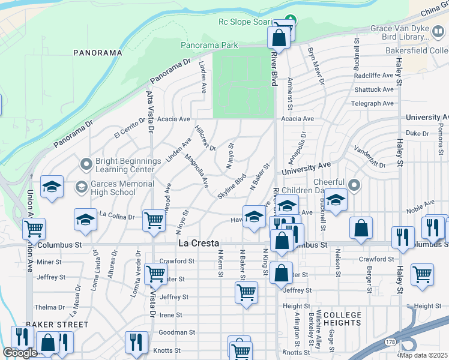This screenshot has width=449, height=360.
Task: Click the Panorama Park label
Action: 209,46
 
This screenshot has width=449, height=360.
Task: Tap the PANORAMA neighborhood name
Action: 98,53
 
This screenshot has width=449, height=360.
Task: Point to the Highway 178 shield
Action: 390,341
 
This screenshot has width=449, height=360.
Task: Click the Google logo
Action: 20,353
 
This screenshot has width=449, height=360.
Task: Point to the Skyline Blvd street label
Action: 236,187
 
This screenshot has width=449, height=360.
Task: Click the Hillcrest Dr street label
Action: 205,137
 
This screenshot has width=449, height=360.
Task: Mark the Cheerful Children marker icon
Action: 354,185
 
